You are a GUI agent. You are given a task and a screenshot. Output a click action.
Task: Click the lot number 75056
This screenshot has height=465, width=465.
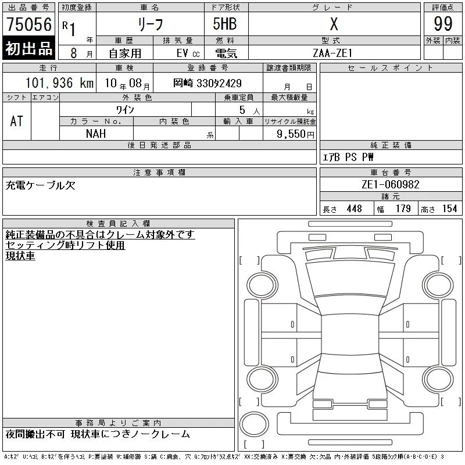click(29, 24)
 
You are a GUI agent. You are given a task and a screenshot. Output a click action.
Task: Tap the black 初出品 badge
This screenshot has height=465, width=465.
click(28, 48)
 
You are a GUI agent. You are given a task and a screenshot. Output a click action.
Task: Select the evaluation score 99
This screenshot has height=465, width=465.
click(443, 24)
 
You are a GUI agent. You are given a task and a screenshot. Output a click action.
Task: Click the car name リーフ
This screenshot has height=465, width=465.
click(151, 24)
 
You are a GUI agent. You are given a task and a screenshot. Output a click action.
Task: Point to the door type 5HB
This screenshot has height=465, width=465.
click(225, 24)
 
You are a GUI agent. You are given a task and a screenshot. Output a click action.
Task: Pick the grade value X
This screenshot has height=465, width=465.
click(334, 24)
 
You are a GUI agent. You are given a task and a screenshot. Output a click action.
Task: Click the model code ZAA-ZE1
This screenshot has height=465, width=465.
click(332, 53)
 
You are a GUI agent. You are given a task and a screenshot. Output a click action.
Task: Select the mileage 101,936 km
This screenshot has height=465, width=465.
click(59, 83)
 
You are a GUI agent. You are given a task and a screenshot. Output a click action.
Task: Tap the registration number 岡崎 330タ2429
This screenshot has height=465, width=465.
click(208, 83)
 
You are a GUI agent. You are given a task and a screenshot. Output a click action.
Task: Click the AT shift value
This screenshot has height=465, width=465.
click(17, 121)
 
